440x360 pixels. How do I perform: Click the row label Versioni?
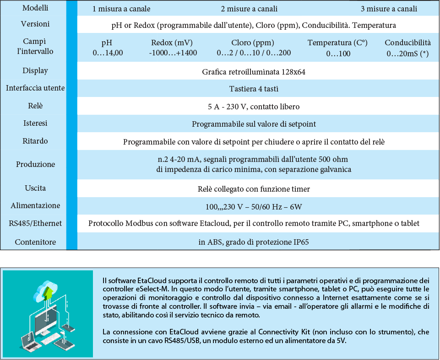click(x=35, y=24)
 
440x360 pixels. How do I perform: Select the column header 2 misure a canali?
click(x=249, y=9)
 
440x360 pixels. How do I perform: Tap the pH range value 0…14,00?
click(x=108, y=53)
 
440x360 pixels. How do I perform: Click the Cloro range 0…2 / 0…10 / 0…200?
click(x=254, y=53)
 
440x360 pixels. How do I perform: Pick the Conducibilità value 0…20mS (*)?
click(x=407, y=53)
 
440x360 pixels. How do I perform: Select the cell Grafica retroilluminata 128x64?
click(x=253, y=72)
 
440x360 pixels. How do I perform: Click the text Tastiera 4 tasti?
click(x=253, y=89)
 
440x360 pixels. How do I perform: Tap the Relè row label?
click(x=35, y=106)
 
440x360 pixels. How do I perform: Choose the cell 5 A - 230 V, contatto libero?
click(x=253, y=107)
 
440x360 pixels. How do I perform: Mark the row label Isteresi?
click(x=35, y=123)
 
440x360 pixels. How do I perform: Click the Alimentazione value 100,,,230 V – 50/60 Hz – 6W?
click(x=253, y=207)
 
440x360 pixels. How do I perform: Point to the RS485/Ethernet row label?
click(x=35, y=223)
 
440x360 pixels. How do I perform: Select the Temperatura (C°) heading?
click(x=337, y=43)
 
